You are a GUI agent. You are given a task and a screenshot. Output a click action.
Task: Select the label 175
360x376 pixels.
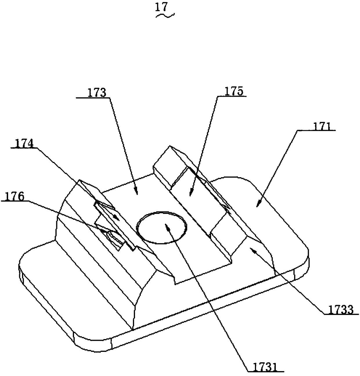[234, 92]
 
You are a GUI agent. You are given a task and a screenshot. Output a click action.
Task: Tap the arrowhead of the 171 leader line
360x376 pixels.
[257, 206]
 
